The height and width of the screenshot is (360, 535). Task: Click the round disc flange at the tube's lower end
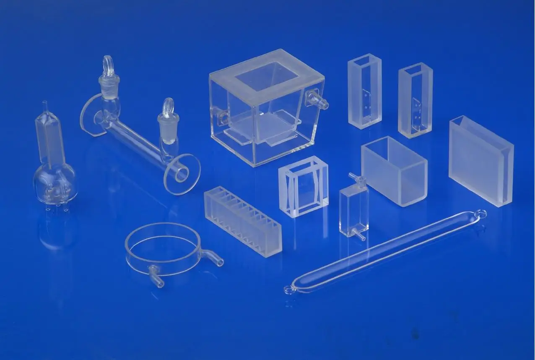[182, 174]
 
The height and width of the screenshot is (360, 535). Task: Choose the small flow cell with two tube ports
[354, 208]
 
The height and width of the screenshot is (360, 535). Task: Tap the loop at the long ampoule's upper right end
[481, 214]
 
